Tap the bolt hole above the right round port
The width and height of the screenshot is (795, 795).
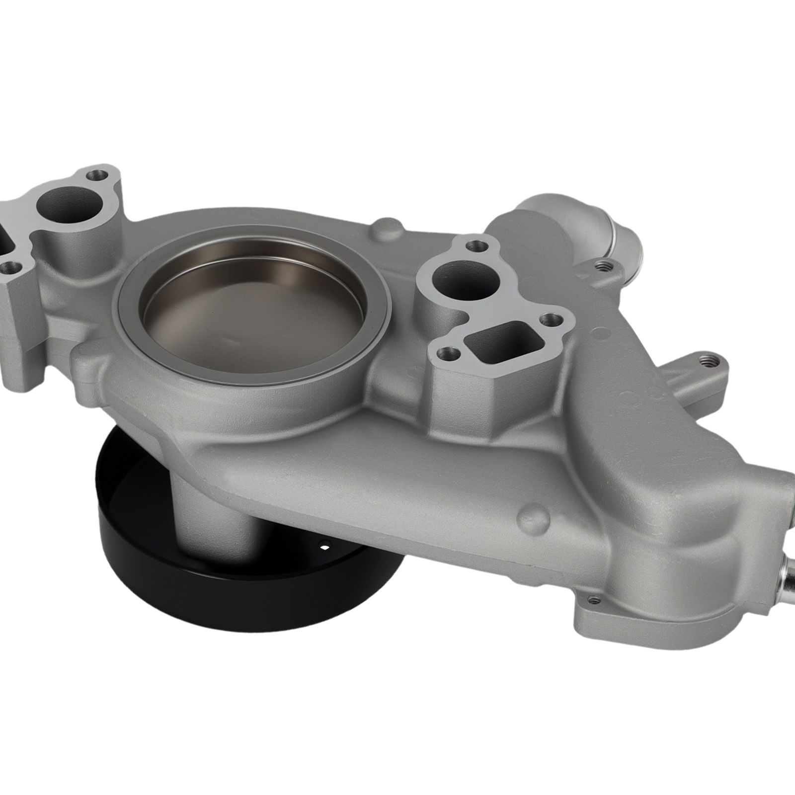click(x=476, y=245)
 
